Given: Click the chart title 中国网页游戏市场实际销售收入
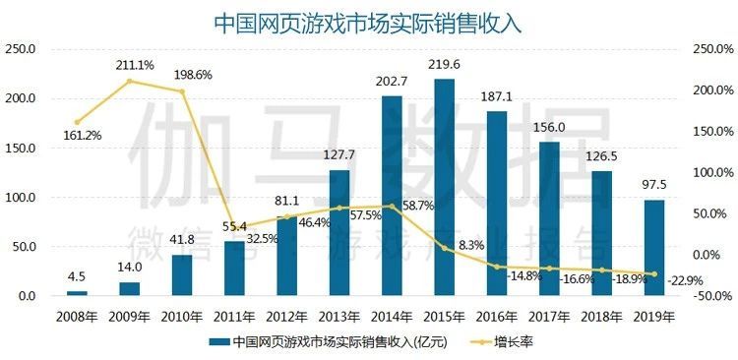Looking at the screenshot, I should [369, 21].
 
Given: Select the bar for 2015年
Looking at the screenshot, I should [444, 187].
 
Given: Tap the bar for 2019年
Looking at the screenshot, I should [654, 248].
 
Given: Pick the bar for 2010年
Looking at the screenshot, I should [182, 275].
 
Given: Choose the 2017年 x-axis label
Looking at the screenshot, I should [549, 317].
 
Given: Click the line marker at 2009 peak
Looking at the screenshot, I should [129, 82].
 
